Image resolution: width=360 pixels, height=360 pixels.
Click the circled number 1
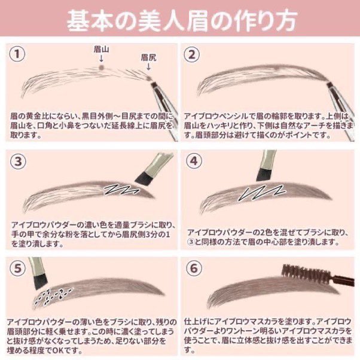pos(17,54)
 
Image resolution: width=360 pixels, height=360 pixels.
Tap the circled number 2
pos(192,54)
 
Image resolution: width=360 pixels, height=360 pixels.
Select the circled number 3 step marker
pos(18,161)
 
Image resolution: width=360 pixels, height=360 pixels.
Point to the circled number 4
pos(194,161)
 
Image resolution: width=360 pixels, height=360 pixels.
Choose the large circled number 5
pos(18,269)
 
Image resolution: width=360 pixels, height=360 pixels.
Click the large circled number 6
pos(194,268)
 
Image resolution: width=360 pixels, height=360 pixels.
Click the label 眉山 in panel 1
pos(101,50)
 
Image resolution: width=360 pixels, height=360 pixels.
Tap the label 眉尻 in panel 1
pos(148,57)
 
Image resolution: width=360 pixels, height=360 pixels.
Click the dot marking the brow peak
pos(101,67)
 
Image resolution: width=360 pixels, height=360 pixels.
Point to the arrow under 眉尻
pos(148,66)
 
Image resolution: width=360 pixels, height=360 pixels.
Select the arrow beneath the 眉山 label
pos(101,59)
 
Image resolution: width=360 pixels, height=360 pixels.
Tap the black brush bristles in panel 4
pos(264,175)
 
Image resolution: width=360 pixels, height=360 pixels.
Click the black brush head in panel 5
pos(41,282)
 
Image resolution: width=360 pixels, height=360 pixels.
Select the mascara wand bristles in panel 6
pos(306,273)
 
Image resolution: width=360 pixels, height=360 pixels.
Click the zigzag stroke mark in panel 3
pos(121,189)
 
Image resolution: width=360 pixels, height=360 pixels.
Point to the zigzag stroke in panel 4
pos(262,193)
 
